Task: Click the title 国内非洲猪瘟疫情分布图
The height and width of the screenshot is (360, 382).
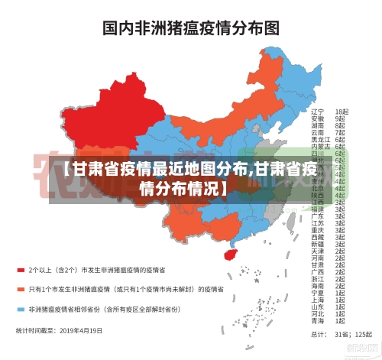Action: pyautogui.click(x=190, y=28)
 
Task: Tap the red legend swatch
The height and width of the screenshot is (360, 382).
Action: pyautogui.click(x=21, y=270)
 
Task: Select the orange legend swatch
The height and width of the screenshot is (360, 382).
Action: pyautogui.click(x=21, y=290)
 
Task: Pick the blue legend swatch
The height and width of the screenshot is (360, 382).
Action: pyautogui.click(x=21, y=310)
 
